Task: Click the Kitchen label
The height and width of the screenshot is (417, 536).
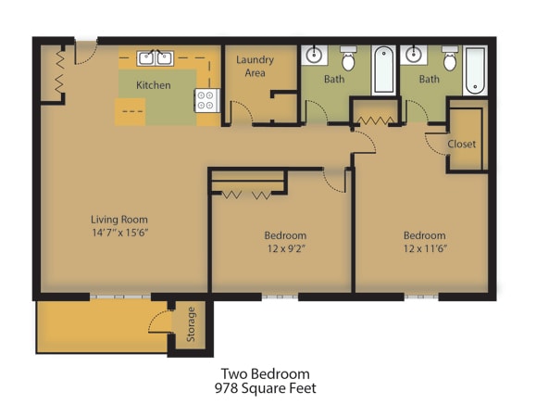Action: click(153, 85)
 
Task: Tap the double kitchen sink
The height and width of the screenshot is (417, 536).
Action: click(156, 58)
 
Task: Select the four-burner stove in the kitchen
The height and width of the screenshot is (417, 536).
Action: click(206, 100)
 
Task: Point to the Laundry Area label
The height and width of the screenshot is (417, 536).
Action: click(255, 66)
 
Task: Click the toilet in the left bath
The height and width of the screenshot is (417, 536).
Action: click(348, 58)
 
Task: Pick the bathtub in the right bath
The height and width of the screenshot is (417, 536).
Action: click(475, 70)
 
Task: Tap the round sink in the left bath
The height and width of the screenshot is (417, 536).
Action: click(314, 55)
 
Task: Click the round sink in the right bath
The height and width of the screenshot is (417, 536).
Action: click(413, 55)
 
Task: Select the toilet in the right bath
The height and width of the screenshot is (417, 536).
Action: click(450, 58)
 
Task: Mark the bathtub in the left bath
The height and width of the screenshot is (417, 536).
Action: click(383, 70)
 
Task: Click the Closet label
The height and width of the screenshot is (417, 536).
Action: click(462, 144)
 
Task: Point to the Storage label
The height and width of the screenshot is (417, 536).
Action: click(191, 324)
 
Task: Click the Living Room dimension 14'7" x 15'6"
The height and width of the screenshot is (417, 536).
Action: click(120, 233)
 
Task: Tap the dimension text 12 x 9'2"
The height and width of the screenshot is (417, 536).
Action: click(286, 248)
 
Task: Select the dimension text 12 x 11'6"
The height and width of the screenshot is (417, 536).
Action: click(425, 248)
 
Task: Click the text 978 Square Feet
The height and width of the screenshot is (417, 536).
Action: click(266, 388)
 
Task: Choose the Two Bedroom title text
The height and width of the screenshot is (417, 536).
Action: click(266, 373)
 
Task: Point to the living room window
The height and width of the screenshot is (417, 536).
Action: click(120, 297)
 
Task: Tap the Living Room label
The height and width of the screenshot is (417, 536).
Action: click(119, 220)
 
